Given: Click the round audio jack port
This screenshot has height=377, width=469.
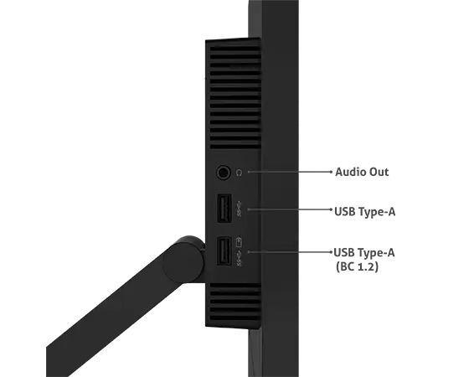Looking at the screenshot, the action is pyautogui.click(x=224, y=173).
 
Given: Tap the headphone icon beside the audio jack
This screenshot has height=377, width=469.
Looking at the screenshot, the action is pyautogui.click(x=239, y=173).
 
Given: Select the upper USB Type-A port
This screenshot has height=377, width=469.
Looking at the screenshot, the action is pyautogui.click(x=224, y=209).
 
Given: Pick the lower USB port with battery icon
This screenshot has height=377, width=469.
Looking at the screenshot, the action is pyautogui.click(x=224, y=251).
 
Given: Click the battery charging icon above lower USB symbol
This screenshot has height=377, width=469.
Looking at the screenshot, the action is pyautogui.click(x=239, y=242).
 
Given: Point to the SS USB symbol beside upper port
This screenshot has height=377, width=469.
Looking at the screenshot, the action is pyautogui.click(x=239, y=209).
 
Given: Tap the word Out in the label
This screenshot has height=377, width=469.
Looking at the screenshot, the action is pyautogui.click(x=379, y=172).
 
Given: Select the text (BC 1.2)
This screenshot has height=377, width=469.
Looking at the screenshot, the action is pyautogui.click(x=357, y=266).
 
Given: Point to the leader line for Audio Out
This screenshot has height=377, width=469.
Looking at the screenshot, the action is pyautogui.click(x=290, y=172).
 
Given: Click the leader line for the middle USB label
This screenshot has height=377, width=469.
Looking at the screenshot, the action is pyautogui.click(x=290, y=209).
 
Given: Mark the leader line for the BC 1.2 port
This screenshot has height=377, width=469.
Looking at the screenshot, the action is pyautogui.click(x=290, y=252).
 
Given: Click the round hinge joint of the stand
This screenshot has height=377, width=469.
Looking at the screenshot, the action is pyautogui.click(x=184, y=260).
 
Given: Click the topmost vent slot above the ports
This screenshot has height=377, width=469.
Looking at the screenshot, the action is pyautogui.click(x=235, y=49).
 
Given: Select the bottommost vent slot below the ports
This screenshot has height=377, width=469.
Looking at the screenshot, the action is pyautogui.click(x=235, y=318).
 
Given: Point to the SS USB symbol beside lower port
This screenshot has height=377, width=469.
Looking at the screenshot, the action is pyautogui.click(x=239, y=259).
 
